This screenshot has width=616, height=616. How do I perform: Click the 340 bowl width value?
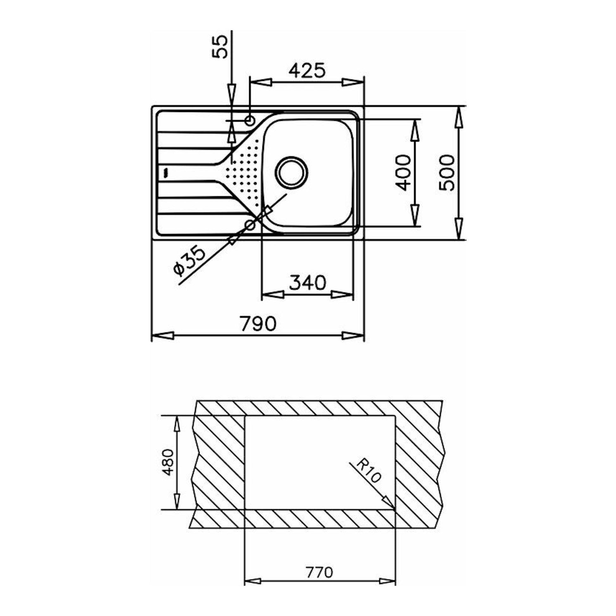(x=308, y=282)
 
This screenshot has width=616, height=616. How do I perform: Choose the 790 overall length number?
(x=258, y=323)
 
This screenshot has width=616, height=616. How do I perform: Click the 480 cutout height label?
(x=168, y=462)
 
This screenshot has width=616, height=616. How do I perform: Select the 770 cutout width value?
(x=319, y=572)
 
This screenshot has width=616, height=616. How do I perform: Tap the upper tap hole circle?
(x=250, y=121)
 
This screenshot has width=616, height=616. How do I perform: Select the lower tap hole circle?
(x=250, y=225)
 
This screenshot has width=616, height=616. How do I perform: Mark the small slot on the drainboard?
(x=165, y=173)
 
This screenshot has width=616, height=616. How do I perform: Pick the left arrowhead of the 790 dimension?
(x=163, y=336)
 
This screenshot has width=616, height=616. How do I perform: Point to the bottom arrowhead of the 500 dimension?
(x=458, y=229)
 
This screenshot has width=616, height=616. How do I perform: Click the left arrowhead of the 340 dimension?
(x=273, y=294)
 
